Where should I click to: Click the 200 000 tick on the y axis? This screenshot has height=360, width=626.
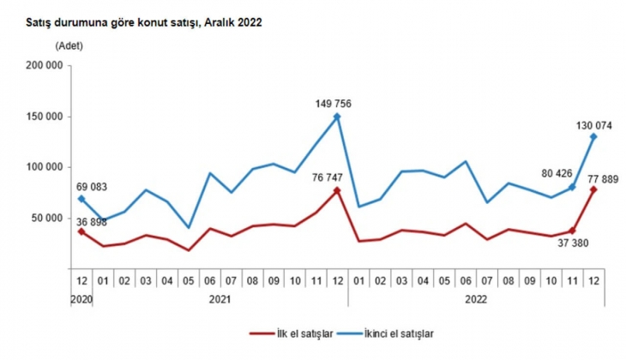44,66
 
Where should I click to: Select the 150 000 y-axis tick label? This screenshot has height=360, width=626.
44,117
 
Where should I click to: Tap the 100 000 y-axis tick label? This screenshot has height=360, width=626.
44,167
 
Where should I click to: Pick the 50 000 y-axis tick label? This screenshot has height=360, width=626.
46,218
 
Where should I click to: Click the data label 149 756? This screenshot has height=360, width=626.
333,104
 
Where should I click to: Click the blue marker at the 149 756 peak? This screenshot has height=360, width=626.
337,117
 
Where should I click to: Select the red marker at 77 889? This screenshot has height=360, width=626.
593,189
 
